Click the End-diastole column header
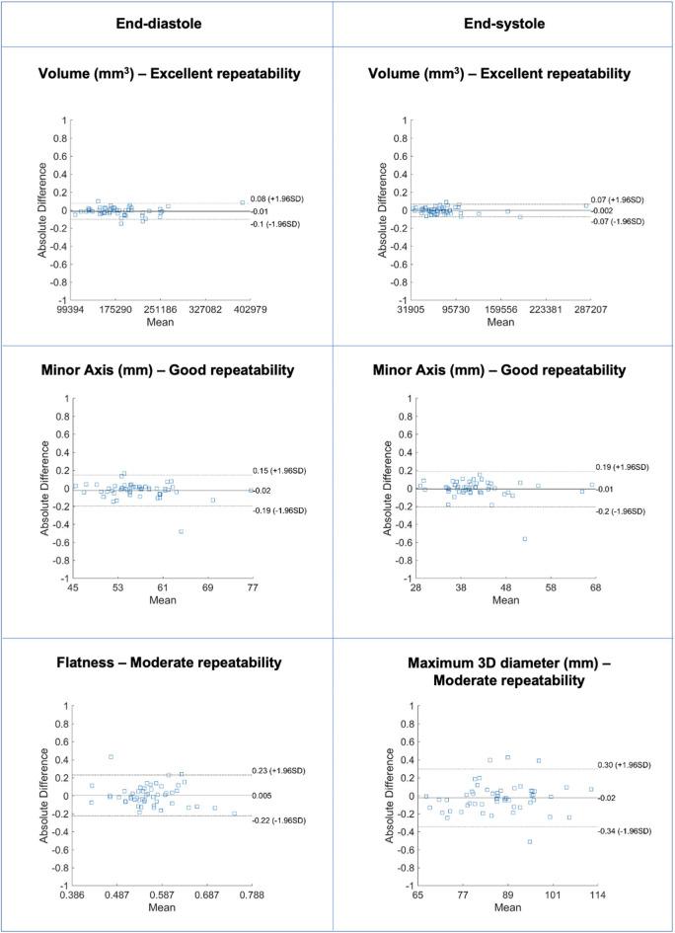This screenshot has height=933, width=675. [168, 23]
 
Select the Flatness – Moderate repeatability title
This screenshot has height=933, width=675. [168, 662]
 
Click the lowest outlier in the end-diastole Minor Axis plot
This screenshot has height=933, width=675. [181, 531]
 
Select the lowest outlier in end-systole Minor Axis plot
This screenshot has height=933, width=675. [524, 538]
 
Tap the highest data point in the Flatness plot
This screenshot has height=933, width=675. [111, 756]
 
